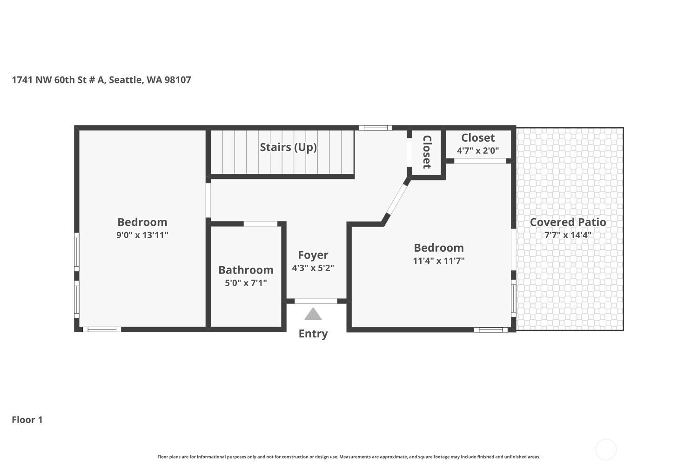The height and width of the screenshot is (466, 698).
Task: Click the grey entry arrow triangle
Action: click(x=313, y=315)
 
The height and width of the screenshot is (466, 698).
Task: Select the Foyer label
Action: click(x=313, y=255)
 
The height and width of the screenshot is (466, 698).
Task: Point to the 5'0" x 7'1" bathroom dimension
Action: click(x=246, y=283)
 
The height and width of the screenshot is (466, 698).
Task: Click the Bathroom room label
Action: click(x=246, y=270)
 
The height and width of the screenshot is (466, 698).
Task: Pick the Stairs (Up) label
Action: click(x=288, y=147)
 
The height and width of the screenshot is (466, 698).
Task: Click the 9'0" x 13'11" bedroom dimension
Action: click(x=142, y=235)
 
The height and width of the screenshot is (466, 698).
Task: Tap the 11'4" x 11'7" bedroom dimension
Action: click(x=439, y=260)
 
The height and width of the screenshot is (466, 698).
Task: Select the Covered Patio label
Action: click(x=568, y=222)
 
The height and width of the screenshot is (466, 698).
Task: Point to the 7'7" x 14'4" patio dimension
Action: click(x=568, y=235)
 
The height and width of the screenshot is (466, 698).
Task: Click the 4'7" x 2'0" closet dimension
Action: click(x=478, y=151)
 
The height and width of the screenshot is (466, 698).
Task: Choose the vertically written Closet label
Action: click(x=427, y=152)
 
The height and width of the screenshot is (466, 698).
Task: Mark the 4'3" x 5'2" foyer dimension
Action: click(x=313, y=268)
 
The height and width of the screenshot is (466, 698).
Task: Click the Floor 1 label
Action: click(x=27, y=420)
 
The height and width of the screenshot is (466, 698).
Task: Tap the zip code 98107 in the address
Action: click(x=178, y=80)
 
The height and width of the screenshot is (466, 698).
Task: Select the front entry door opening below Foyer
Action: click(x=315, y=301)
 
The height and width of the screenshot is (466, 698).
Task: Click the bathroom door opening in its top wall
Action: click(x=260, y=224)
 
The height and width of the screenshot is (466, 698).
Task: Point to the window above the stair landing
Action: click(x=376, y=128)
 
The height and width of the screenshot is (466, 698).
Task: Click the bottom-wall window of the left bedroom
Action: click(x=102, y=329)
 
